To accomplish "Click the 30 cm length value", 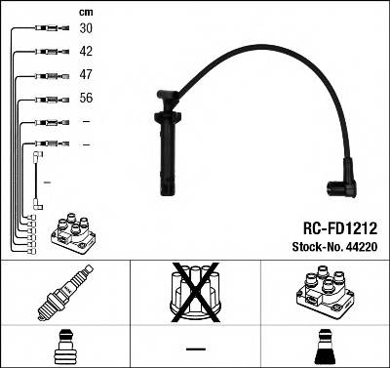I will (x=86, y=29).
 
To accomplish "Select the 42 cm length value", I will (x=86, y=51).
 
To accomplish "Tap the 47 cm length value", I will (x=86, y=75).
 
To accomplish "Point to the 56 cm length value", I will (x=86, y=99).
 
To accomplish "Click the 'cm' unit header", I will (x=85, y=11).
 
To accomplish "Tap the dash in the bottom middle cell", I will (x=195, y=348).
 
